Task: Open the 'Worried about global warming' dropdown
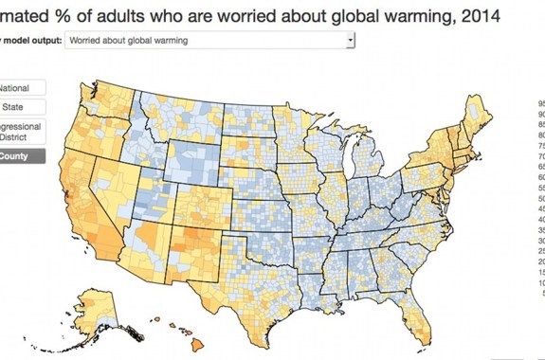coord(209,41)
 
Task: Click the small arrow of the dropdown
coord(350,41)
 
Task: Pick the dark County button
coord(21,156)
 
